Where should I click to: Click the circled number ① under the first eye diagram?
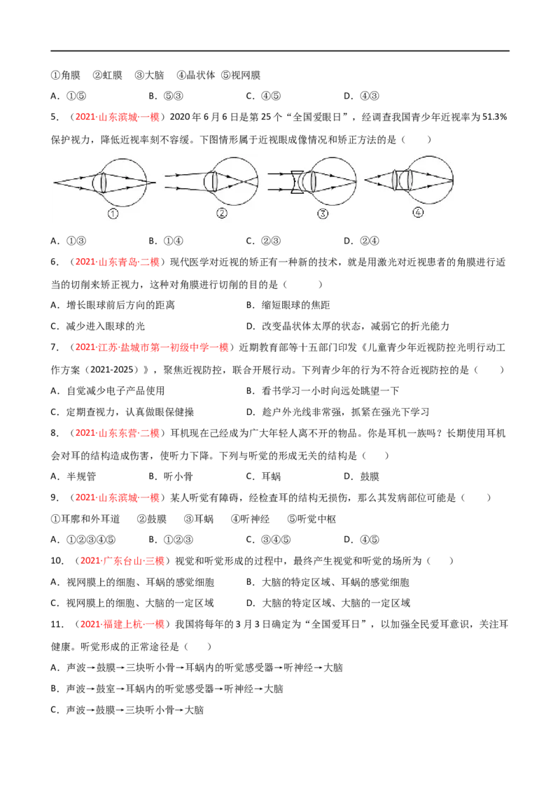pos(113,213)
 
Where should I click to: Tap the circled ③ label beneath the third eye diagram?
pos(323,213)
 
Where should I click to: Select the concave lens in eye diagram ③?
pos(297,182)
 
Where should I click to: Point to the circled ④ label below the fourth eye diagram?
pos(418,212)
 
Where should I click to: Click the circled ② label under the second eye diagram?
pos(222,213)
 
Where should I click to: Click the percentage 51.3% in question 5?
pos(494,117)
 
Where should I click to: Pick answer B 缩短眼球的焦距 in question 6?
pos(288,305)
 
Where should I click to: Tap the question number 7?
pos(55,347)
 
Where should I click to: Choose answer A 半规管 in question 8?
pos(73,476)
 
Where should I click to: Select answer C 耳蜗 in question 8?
pos(263,476)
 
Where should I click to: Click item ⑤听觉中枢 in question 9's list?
pos(311,518)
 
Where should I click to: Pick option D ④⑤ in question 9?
pos(361,539)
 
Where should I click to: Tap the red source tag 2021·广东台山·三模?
pos(122,560)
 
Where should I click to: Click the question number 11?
pos(57,624)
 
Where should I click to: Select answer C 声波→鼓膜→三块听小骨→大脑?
pos(127,709)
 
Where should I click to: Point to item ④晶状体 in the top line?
pos(195,76)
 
